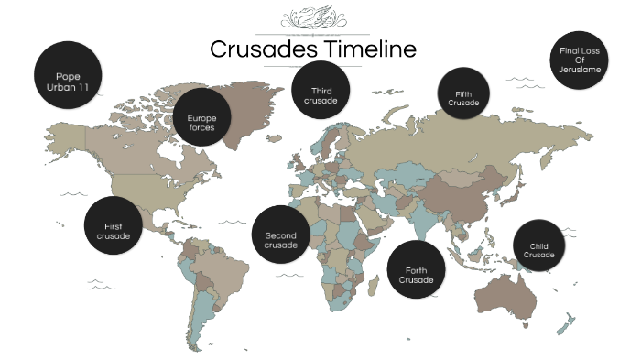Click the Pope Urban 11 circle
pos(68,74)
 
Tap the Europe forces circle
pos(201,118)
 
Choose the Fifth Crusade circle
pos(462,93)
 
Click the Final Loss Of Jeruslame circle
pos(580,59)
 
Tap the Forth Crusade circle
pos(416,269)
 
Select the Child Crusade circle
pos(538,245)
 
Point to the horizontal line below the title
pos(312,67)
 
